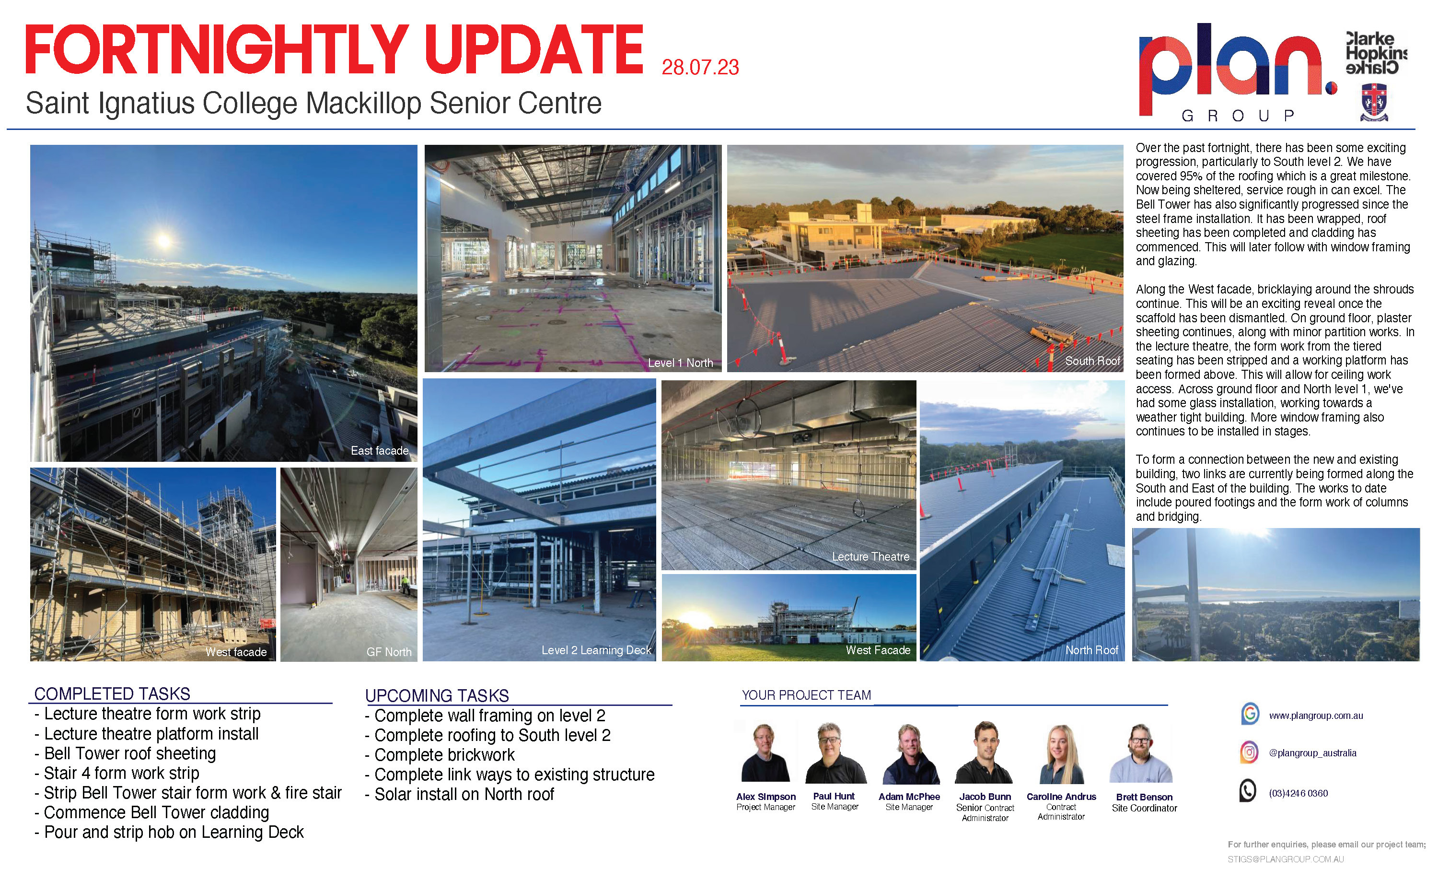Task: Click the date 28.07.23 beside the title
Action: (700, 68)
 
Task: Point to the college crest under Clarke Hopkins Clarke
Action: (1374, 103)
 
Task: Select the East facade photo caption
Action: (379, 451)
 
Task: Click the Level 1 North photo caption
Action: (681, 363)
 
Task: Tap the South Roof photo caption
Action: (1092, 361)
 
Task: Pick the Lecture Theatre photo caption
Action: (870, 557)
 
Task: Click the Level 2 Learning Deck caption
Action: (596, 650)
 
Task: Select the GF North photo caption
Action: (389, 652)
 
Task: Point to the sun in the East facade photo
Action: (163, 240)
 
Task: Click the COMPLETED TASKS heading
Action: (112, 694)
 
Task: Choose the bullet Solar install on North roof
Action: (459, 794)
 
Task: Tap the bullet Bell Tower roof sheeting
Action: (125, 753)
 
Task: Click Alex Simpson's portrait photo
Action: (765, 753)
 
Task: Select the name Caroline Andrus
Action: (1061, 797)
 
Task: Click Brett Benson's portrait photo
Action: (1141, 753)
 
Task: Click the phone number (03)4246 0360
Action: (1298, 793)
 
